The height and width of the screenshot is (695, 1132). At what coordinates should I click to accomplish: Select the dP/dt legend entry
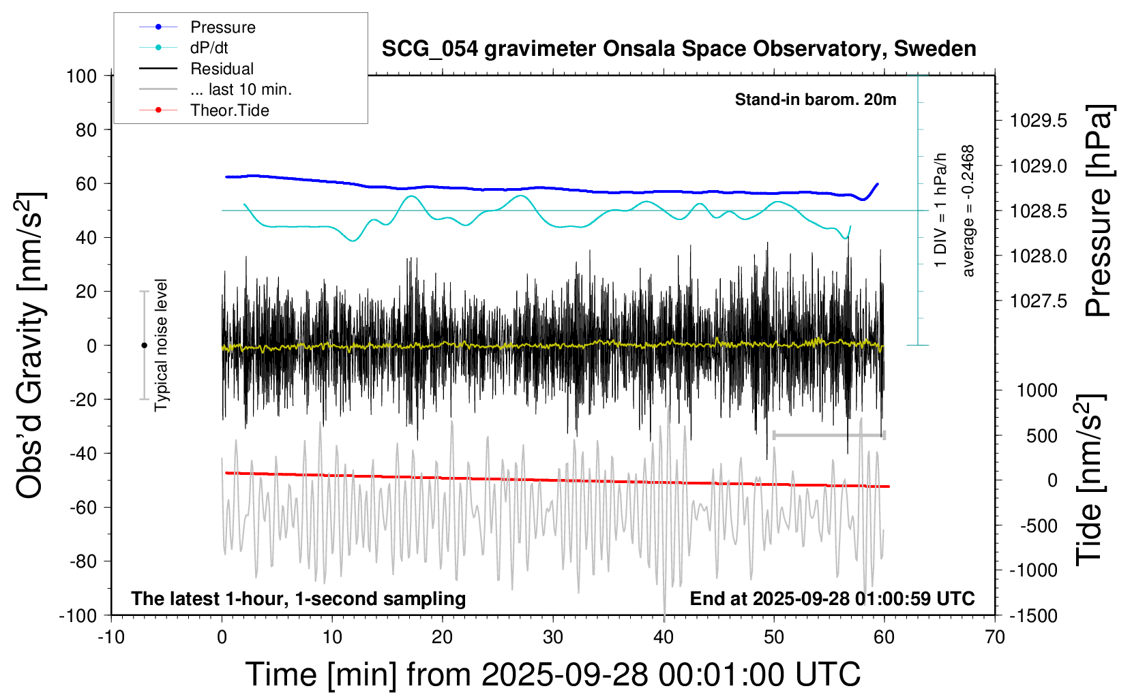(x=209, y=48)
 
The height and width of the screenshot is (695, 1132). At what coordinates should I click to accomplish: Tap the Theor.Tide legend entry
(x=229, y=110)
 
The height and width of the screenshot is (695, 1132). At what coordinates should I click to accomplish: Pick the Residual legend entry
(x=222, y=69)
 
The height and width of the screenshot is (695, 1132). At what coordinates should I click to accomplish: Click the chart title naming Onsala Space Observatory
(x=679, y=49)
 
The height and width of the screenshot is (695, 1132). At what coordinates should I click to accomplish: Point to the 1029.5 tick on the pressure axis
(x=1038, y=121)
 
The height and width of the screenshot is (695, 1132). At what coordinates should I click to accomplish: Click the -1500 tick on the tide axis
(x=1032, y=616)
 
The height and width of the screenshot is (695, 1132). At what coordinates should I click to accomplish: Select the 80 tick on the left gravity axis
(x=86, y=129)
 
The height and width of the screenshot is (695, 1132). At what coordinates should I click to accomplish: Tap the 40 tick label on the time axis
(x=664, y=638)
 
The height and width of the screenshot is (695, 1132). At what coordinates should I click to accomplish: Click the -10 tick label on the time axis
(x=111, y=638)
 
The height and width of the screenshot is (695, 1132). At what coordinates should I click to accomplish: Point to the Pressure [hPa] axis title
(x=1098, y=211)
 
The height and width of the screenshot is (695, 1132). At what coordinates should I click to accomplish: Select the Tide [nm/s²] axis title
(x=1089, y=480)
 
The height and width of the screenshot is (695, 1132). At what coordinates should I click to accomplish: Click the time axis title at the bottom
(x=552, y=675)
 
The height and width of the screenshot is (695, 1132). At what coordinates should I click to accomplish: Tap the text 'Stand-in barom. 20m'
(x=816, y=99)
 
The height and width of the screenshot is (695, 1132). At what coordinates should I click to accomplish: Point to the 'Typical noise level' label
(x=161, y=345)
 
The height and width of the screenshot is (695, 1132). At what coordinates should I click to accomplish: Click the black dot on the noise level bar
(x=144, y=345)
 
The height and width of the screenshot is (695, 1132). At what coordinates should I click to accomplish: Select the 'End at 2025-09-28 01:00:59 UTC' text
(x=832, y=599)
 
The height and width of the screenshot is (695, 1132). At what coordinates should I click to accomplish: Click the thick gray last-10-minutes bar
(x=829, y=435)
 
